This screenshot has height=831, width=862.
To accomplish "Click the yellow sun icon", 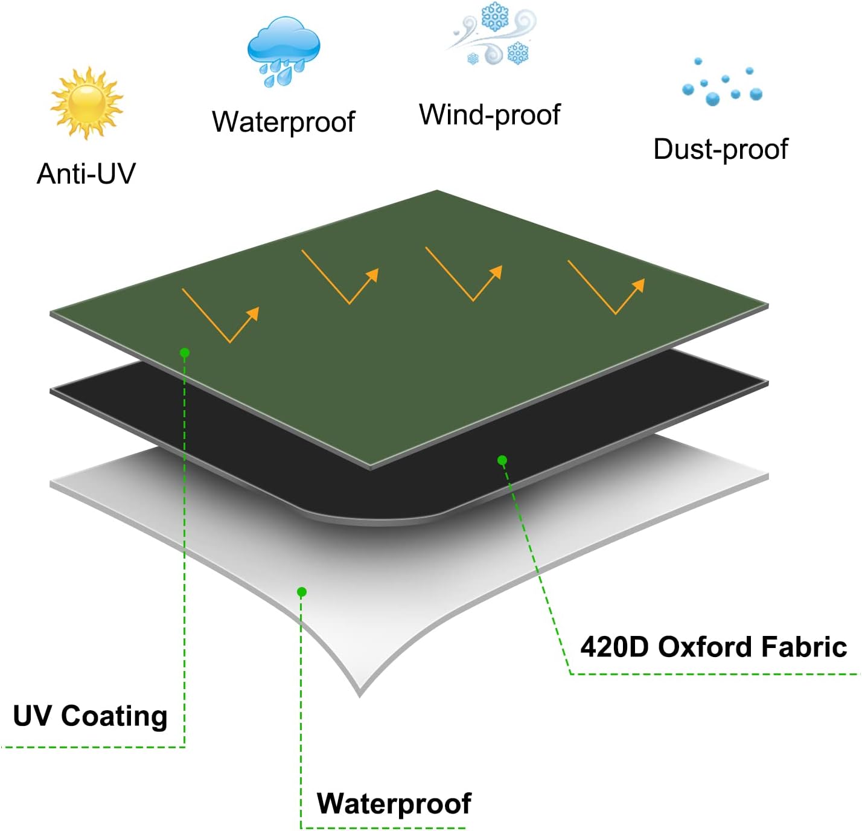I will pyautogui.click(x=86, y=103).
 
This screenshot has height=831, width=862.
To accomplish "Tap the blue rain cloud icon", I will pyautogui.click(x=283, y=50).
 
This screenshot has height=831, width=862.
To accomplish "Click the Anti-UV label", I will pyautogui.click(x=86, y=174).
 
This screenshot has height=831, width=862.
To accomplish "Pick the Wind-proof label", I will pyautogui.click(x=490, y=115).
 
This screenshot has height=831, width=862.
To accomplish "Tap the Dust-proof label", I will pyautogui.click(x=720, y=149).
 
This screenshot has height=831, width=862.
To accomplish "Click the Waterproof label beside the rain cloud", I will pyautogui.click(x=283, y=122).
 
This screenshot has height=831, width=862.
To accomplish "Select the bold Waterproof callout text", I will pyautogui.click(x=394, y=803).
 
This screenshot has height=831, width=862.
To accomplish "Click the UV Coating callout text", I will pyautogui.click(x=90, y=716).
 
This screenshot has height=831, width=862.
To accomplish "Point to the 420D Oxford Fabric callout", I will pyautogui.click(x=713, y=647).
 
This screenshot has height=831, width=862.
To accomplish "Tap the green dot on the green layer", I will pyautogui.click(x=185, y=352).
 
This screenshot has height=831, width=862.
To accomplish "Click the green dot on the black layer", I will pyautogui.click(x=502, y=460).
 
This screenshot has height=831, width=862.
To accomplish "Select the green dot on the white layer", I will pyautogui.click(x=302, y=592).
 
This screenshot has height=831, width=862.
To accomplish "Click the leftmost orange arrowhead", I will pyautogui.click(x=254, y=312).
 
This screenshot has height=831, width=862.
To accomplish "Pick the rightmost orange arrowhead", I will pyautogui.click(x=639, y=284).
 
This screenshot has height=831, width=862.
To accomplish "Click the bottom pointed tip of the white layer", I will pyautogui.click(x=360, y=695).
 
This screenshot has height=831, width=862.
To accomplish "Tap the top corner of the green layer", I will pyautogui.click(x=437, y=191).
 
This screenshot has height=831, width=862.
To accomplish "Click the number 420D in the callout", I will pyautogui.click(x=614, y=647).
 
